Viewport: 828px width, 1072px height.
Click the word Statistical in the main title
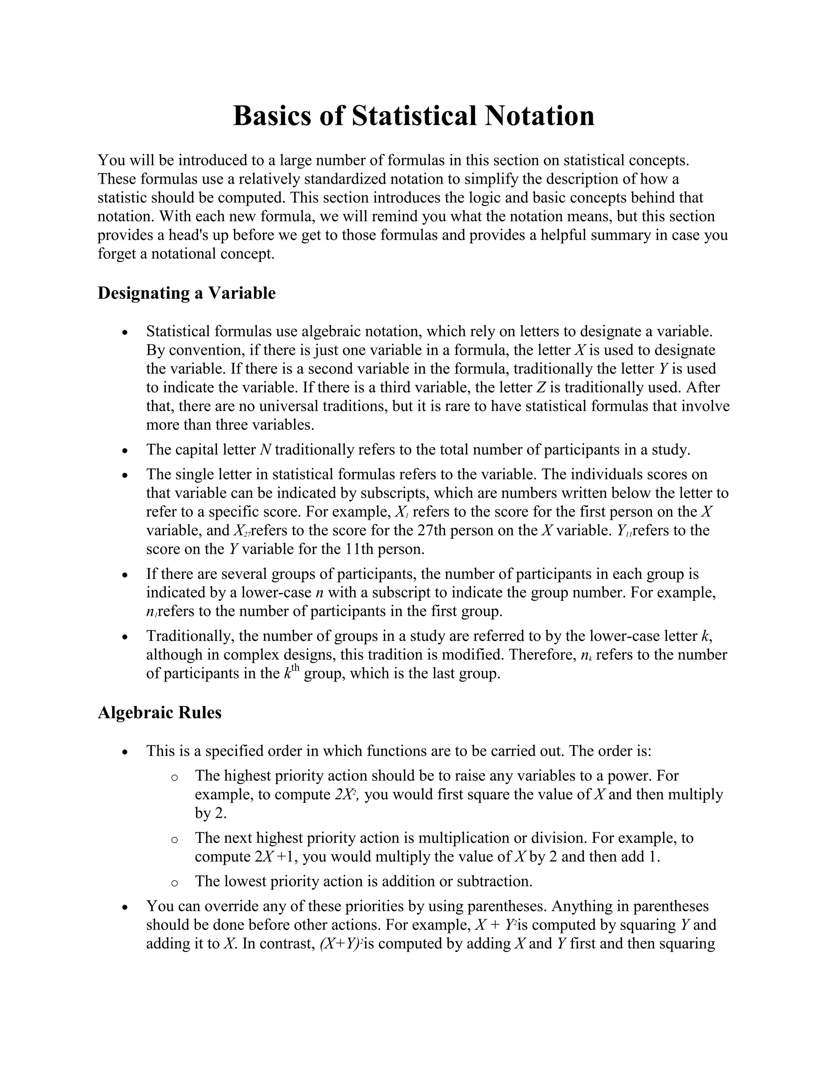[414, 116]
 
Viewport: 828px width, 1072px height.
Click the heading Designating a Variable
[186, 293]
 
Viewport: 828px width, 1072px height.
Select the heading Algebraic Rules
[159, 712]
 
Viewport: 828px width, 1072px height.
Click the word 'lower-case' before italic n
[276, 593]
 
